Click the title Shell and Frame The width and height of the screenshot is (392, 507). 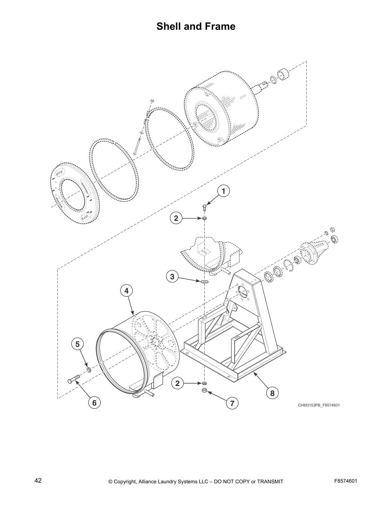coord(196,26)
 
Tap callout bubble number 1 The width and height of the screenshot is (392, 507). coord(223,191)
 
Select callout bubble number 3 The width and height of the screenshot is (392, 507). coord(172,277)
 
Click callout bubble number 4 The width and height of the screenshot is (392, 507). coord(127,291)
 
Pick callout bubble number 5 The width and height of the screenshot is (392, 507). coord(77,344)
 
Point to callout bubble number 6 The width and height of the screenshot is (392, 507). coord(94,403)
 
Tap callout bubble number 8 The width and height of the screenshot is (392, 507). coord(272,393)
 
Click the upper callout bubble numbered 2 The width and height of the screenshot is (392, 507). coord(176,219)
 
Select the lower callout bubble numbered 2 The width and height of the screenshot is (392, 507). coord(177,383)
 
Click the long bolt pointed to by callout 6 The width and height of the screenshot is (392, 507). coord(74,379)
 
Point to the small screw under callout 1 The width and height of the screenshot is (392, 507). coord(204,207)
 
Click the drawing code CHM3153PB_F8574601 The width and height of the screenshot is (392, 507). coord(319,405)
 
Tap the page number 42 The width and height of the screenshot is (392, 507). coord(38,480)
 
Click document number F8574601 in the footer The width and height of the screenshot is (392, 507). coord(346,481)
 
